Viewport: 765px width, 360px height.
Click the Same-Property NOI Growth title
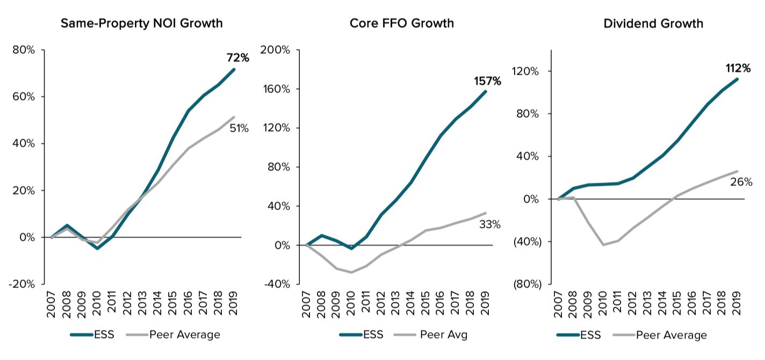pyautogui.click(x=141, y=24)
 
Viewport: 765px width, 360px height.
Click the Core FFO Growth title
pyautogui.click(x=401, y=24)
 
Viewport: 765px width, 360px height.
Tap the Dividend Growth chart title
pyautogui.click(x=653, y=24)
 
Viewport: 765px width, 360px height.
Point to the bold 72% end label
pyautogui.click(x=237, y=58)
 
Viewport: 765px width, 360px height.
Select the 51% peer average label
pyautogui.click(x=239, y=128)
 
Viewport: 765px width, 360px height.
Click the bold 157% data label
pyautogui.click(x=487, y=82)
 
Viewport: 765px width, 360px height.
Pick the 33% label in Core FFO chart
pyautogui.click(x=489, y=225)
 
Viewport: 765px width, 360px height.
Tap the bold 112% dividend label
pyautogui.click(x=738, y=68)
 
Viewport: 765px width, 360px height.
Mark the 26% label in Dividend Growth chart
pyautogui.click(x=741, y=182)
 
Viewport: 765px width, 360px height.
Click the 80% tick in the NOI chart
pyautogui.click(x=24, y=50)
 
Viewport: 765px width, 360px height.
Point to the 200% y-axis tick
pyautogui.click(x=275, y=50)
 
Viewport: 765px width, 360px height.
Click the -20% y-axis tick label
pyautogui.click(x=22, y=284)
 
